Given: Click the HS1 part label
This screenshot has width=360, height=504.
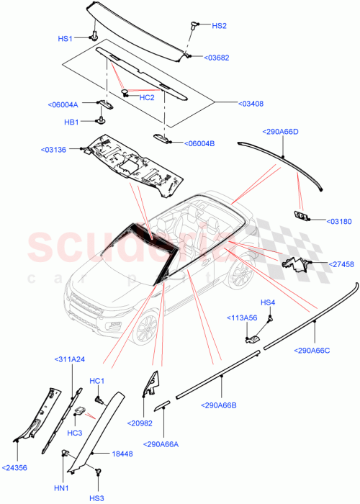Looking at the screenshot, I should coord(66,38).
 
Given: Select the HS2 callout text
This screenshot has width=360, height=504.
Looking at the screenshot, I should coord(219,26).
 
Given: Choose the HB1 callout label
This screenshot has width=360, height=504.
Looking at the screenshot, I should coord(71,122).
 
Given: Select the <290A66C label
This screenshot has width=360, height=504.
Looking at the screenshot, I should coord(312,351).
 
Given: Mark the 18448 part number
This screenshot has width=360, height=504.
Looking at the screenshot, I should coord(122,454).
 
